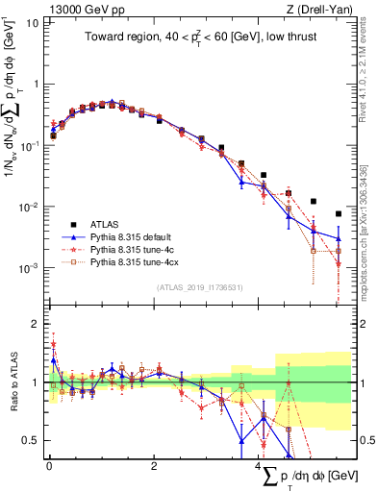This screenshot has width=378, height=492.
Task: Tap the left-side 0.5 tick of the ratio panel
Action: [x=30, y=441]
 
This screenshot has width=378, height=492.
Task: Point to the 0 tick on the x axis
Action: [x=49, y=466]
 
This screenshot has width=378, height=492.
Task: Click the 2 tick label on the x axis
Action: [x=154, y=466]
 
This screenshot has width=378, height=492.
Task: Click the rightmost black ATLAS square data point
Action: [x=338, y=213]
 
